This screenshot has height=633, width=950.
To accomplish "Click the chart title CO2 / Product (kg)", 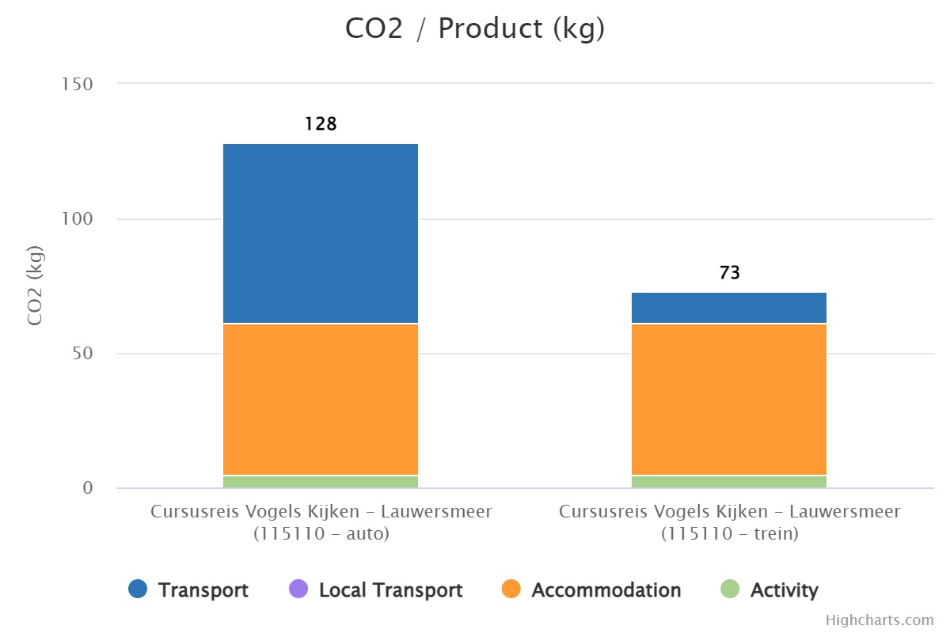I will (x=475, y=28).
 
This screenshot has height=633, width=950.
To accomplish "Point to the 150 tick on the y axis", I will (x=78, y=84).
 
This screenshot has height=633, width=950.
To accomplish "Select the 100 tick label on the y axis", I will (x=78, y=219).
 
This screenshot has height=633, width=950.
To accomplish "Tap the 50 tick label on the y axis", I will (x=82, y=354).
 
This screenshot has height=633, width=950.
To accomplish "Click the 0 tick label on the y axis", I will (x=88, y=488).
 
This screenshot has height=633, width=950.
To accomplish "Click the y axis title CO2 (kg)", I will (x=35, y=286).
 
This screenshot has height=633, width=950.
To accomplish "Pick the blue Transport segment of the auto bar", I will (x=321, y=233).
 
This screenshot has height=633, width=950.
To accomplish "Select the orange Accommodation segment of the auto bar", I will (x=321, y=400).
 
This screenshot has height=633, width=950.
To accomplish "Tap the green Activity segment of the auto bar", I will (x=321, y=482).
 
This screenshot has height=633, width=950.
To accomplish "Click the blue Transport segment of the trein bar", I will (x=729, y=308).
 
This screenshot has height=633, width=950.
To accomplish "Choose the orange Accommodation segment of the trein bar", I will (x=729, y=400).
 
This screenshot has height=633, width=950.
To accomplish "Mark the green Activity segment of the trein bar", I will (x=729, y=482).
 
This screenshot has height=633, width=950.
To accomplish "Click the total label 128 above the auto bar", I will (x=321, y=124).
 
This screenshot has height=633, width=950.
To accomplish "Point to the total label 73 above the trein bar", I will (x=729, y=273).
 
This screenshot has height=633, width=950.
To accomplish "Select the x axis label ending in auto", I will (x=321, y=522).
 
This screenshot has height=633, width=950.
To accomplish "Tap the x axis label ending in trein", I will (x=729, y=522).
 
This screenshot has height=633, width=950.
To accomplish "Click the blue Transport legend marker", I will (x=138, y=589).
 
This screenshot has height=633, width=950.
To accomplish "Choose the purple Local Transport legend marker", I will (x=298, y=589).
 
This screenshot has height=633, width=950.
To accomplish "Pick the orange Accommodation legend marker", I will (x=511, y=589).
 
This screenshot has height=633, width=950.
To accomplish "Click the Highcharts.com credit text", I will (x=880, y=620).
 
